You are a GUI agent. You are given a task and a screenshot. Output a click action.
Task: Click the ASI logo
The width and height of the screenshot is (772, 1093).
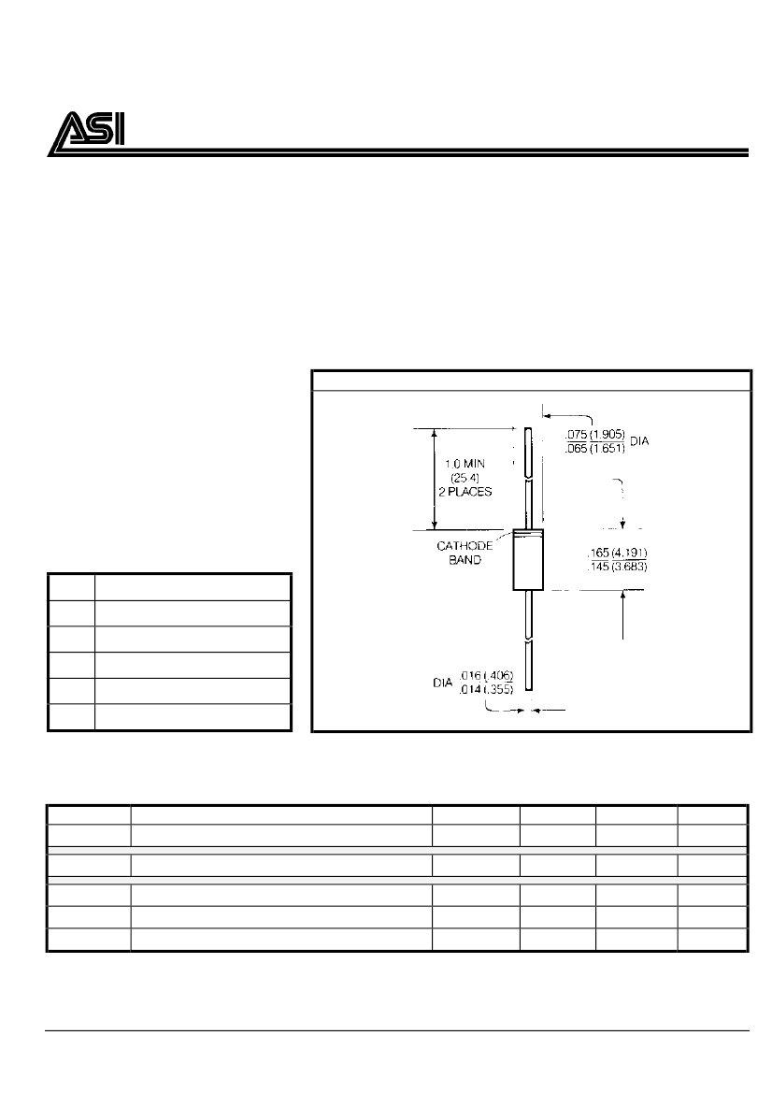coord(87,133)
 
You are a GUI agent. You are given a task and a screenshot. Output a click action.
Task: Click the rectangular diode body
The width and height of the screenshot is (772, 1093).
coord(527,560)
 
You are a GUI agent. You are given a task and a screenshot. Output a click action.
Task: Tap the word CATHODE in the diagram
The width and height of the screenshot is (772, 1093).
coord(465,546)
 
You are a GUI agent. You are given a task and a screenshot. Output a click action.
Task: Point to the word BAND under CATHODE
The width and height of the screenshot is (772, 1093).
coord(465,560)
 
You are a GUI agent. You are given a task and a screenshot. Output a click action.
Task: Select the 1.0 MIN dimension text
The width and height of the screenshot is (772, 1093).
coord(465,464)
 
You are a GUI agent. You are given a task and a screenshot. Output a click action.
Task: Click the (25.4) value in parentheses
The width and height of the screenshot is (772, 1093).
coord(465,478)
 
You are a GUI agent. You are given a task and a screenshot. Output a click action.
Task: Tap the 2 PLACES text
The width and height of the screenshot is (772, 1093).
coord(465,492)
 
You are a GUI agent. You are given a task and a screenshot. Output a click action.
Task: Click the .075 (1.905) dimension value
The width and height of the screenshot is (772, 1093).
coord(595,434)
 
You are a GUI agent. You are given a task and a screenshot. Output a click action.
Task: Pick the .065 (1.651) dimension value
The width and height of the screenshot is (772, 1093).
coord(595,448)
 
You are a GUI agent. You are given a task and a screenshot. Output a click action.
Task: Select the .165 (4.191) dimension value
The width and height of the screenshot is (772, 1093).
coord(618,553)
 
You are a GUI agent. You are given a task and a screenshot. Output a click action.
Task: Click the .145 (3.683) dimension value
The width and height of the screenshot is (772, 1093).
coord(618,567)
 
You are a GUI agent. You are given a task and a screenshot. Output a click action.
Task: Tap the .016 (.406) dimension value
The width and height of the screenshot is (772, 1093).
coord(486,675)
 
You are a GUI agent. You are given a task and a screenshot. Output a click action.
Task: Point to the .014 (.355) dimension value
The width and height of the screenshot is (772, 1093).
coord(486,689)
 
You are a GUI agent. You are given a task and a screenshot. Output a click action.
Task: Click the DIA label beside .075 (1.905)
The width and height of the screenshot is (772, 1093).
coord(639,441)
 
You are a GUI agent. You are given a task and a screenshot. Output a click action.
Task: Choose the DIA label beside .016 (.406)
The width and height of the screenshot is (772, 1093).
coord(443,683)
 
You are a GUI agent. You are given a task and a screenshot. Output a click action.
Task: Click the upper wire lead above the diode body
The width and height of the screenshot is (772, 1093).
coord(528,478)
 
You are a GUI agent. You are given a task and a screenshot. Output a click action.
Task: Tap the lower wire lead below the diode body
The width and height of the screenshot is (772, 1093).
coord(528,640)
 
